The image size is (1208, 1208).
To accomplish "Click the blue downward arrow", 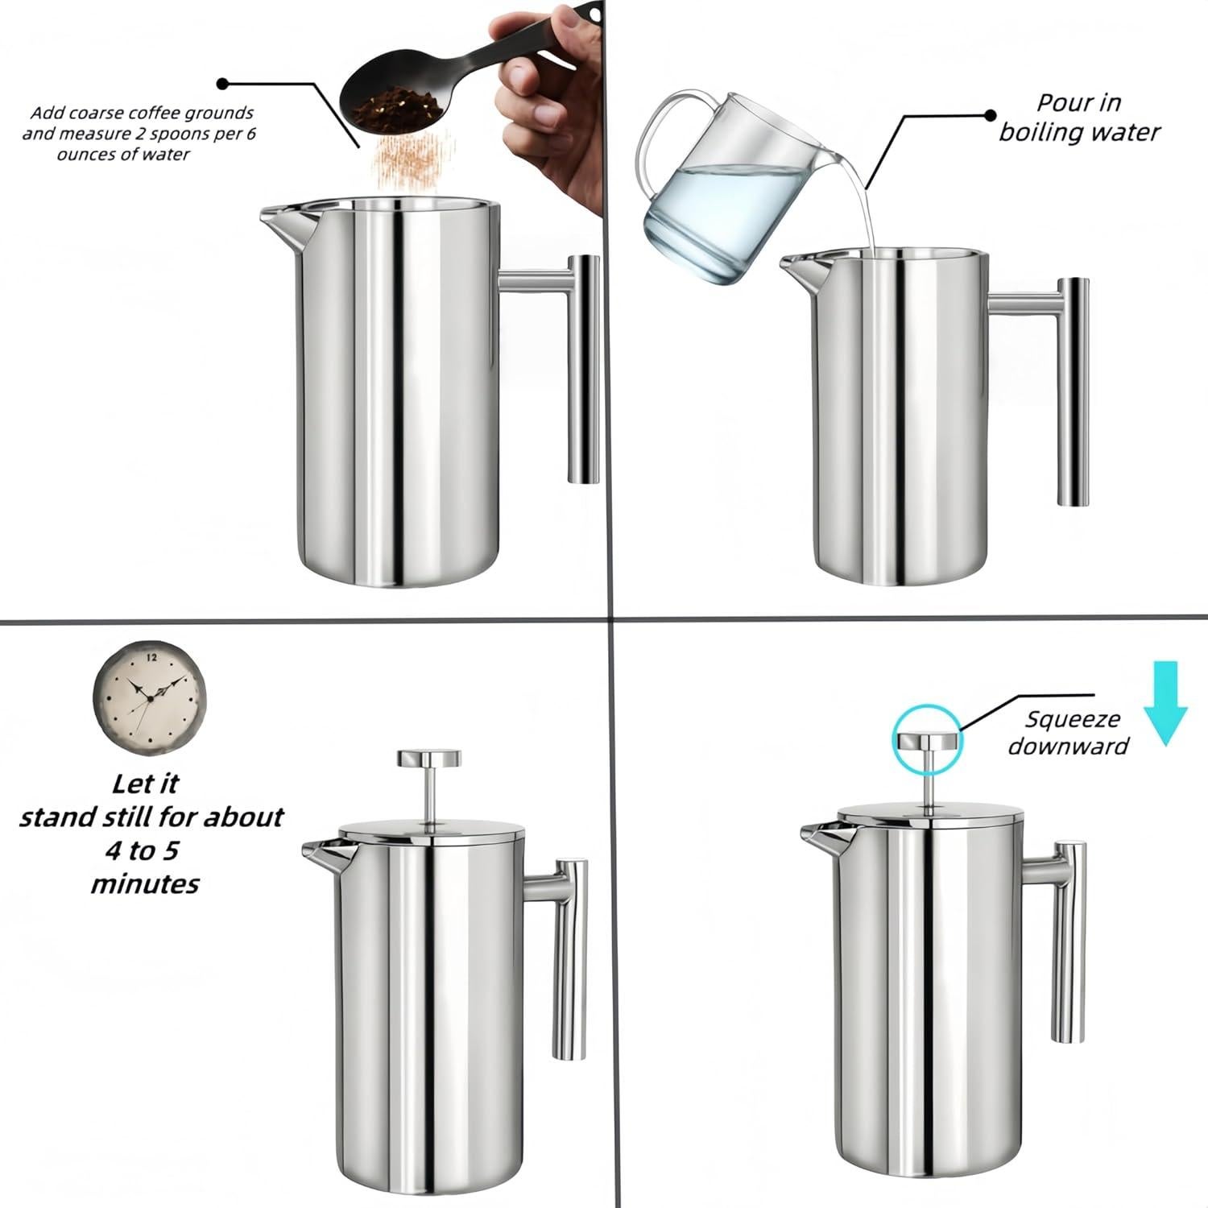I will (1165, 701).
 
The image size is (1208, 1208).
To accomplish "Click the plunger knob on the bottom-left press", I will (429, 757).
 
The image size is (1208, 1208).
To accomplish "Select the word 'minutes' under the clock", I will (145, 884).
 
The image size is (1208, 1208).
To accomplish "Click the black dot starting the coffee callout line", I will (223, 83).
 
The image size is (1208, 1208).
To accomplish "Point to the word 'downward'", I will (1068, 747).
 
